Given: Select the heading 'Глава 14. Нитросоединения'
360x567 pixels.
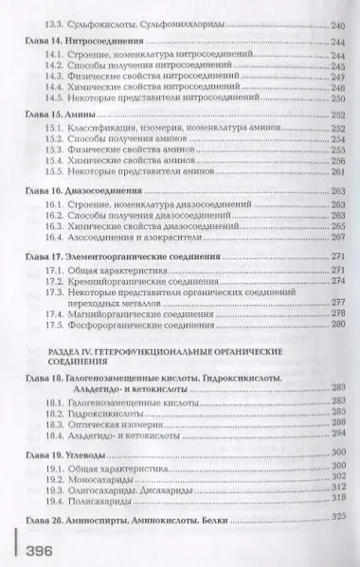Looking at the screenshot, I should tap(90, 42).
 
